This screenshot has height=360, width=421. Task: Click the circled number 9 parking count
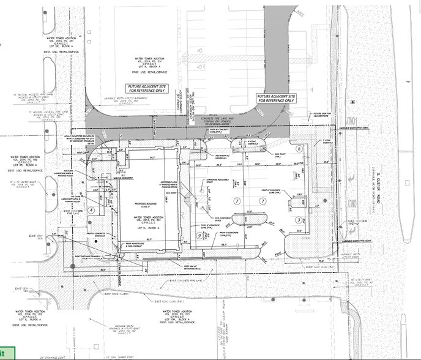(199, 235)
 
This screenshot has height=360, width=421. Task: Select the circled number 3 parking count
(298, 220)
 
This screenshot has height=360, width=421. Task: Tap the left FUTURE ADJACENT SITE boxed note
(142, 88)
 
